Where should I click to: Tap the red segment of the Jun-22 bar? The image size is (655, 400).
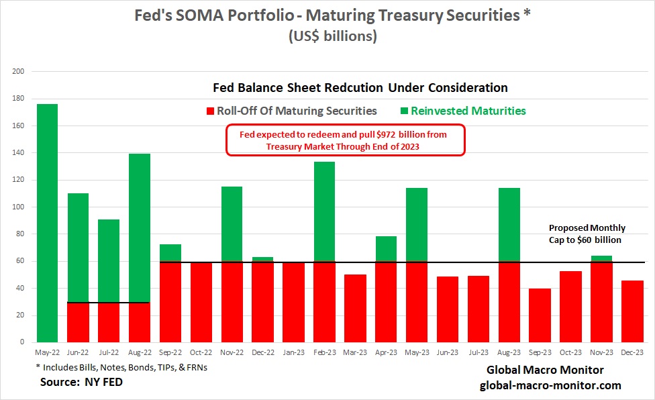tap(78, 322)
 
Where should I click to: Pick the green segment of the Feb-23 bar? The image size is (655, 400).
tap(325, 211)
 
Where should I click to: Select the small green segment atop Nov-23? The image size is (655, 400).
tap(602, 258)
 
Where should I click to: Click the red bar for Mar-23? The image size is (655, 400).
tap(356, 308)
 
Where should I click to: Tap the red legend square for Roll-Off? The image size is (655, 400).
tap(209, 111)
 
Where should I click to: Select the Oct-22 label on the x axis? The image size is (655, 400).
tap(201, 351)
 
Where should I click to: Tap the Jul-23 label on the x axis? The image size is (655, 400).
tap(479, 351)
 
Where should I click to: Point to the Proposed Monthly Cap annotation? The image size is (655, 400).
tap(587, 234)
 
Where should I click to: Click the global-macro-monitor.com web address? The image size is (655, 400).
tap(550, 385)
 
